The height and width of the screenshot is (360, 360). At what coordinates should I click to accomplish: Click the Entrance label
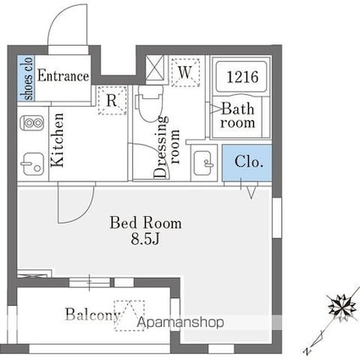tap(64, 75)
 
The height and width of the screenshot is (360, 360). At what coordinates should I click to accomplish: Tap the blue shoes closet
tap(26, 78)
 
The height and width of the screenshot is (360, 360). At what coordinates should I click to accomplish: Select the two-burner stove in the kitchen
tap(32, 123)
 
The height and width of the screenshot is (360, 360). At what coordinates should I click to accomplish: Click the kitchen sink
tap(32, 164)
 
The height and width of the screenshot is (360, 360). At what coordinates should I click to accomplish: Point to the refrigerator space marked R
tap(112, 100)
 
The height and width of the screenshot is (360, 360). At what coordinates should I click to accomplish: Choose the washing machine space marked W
tap(186, 72)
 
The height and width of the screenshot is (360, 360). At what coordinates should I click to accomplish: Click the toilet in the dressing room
tap(150, 102)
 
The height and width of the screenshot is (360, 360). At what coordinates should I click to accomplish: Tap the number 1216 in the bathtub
tap(242, 77)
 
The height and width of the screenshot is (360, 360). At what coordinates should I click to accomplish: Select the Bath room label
tap(238, 115)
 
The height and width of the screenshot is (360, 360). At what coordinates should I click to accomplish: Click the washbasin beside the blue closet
tap(203, 163)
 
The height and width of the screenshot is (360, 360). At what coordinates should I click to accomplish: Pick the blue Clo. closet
tap(247, 163)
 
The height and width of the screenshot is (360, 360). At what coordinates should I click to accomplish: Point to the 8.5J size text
tap(145, 239)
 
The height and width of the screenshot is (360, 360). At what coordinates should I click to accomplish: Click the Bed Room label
tap(146, 223)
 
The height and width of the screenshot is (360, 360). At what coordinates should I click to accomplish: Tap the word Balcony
tap(93, 314)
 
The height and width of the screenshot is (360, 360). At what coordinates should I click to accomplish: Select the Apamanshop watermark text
tap(180, 322)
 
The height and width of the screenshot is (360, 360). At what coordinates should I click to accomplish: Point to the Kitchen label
tap(58, 140)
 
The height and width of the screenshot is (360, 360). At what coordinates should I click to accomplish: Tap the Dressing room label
tap(166, 147)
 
